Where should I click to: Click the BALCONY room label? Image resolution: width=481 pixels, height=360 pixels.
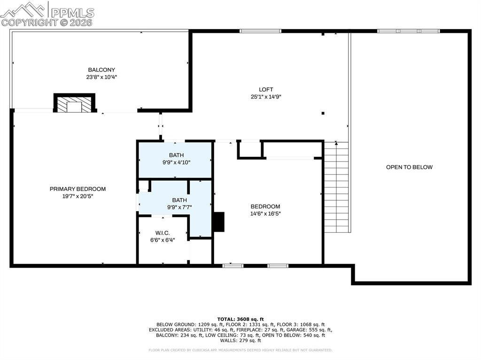point(101,70)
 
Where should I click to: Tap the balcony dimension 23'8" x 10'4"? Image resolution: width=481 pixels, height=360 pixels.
point(101,77)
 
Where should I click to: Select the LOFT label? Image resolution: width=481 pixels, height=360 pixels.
point(266,90)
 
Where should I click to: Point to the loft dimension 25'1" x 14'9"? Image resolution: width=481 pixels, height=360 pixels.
point(266,97)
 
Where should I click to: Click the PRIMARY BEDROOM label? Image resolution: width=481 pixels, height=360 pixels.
point(78,189)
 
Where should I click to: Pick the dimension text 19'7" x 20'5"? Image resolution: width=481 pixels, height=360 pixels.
point(78,196)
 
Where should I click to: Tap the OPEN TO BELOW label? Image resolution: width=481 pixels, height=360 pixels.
point(409,167)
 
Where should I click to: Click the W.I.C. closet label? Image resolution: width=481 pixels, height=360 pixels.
point(163,233)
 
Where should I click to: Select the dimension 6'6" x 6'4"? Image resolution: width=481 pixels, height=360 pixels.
point(163,240)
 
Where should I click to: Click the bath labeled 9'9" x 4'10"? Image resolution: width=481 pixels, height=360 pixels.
point(177,159)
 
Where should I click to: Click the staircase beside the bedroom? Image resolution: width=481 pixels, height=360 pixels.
point(336,187)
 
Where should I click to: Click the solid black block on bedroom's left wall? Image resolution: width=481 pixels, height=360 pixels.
point(219,222)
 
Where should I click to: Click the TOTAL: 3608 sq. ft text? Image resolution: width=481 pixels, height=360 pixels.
point(240,319)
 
